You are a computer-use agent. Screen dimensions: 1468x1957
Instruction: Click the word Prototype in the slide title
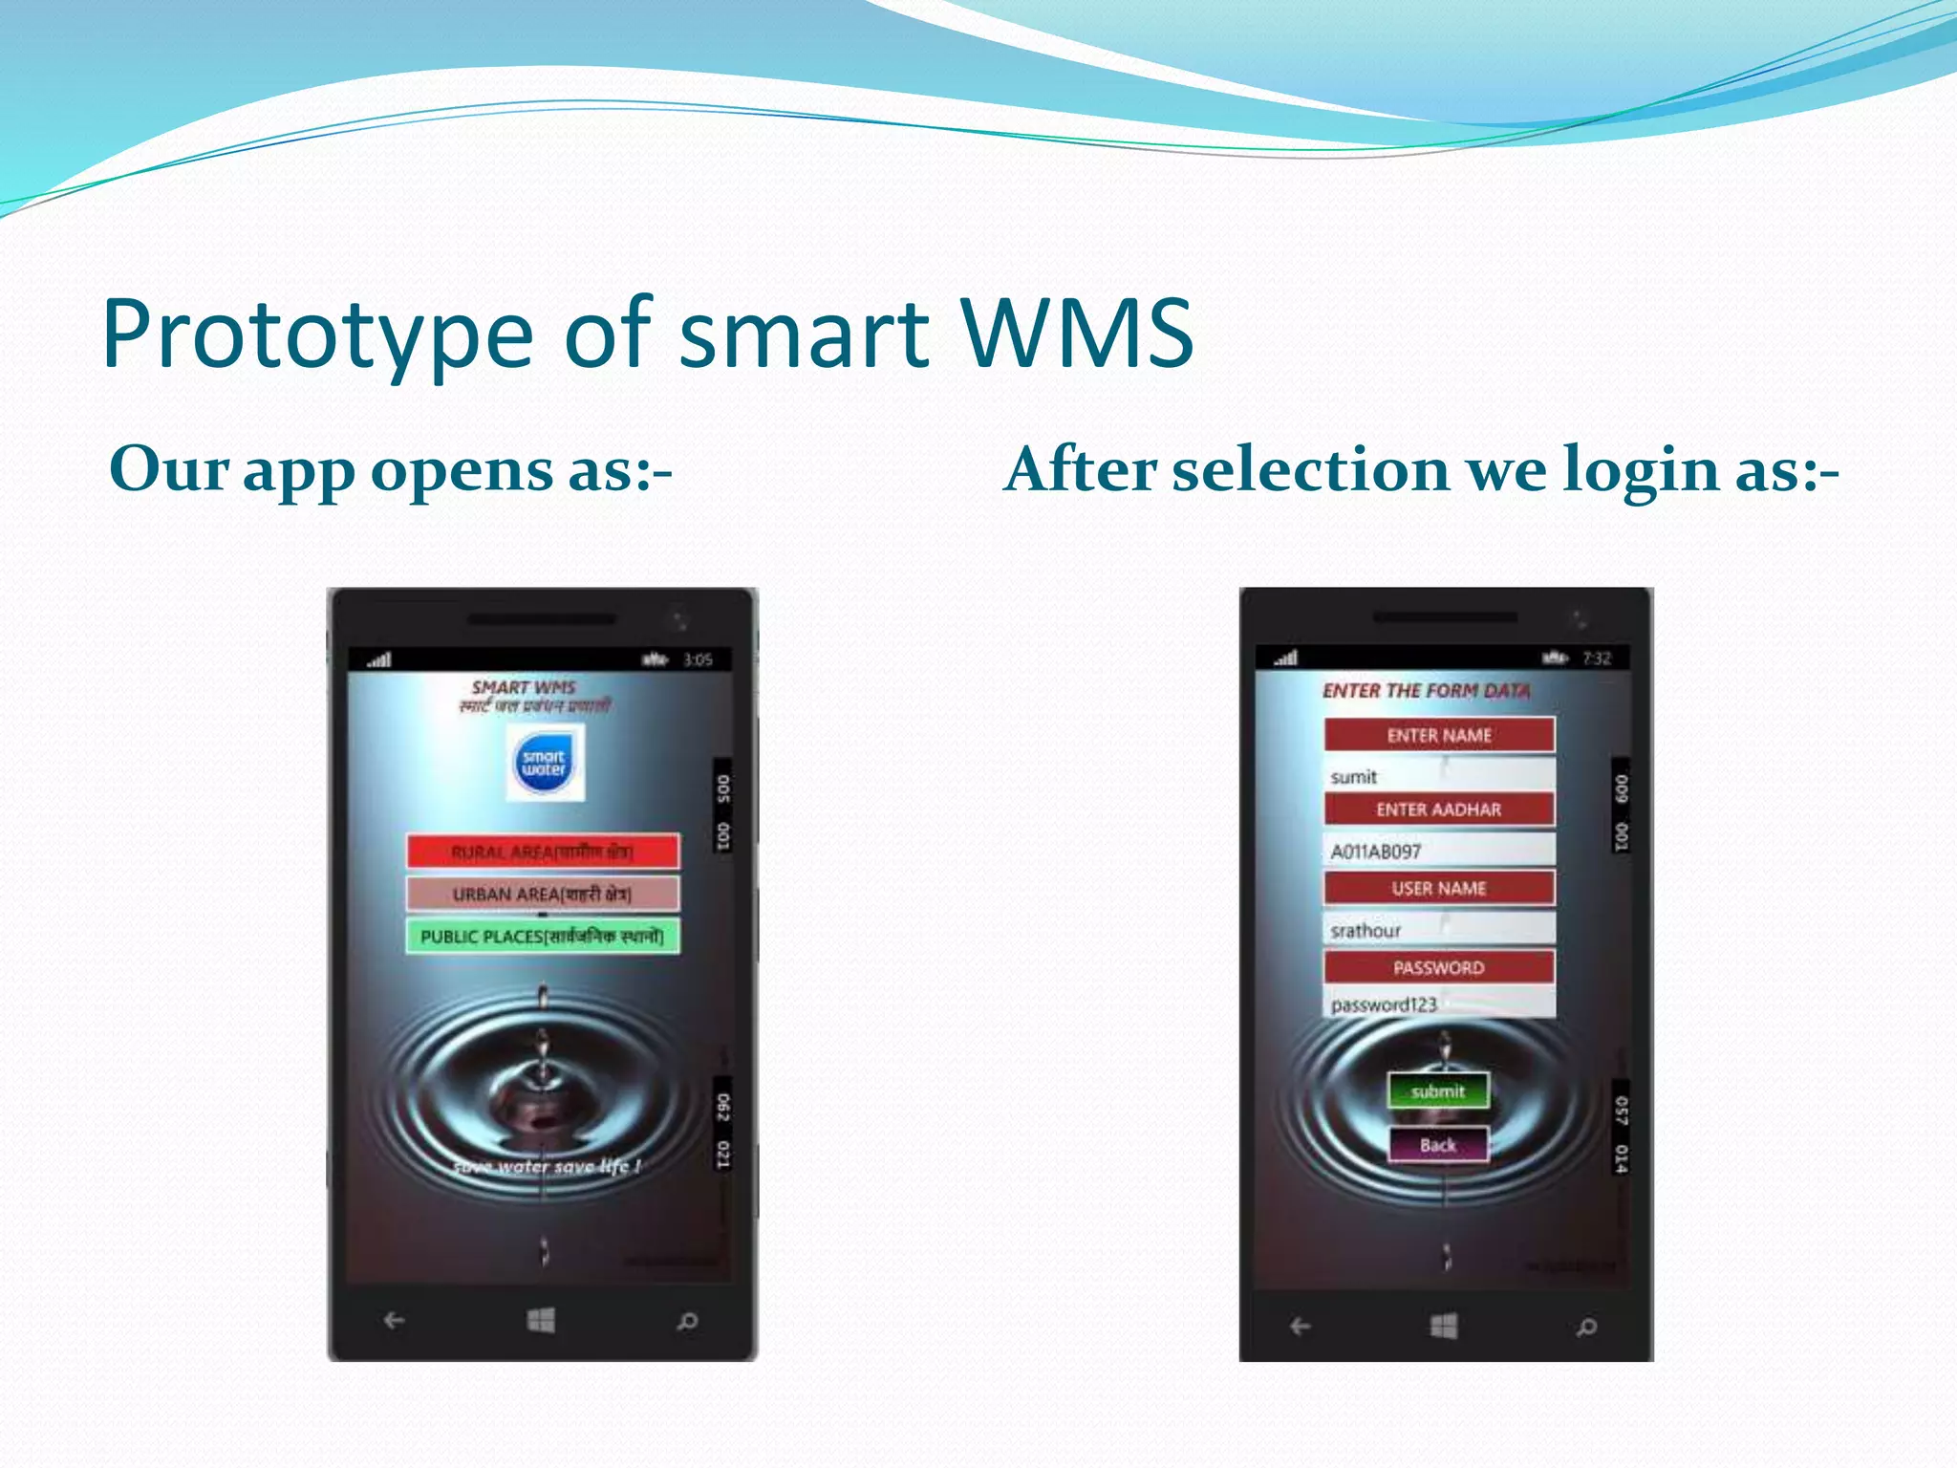coord(316,335)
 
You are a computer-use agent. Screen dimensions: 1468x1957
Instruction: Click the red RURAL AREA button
coord(543,851)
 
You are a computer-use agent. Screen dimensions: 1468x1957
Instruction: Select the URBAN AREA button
coord(543,894)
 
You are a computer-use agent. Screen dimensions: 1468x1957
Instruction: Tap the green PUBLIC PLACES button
coord(543,936)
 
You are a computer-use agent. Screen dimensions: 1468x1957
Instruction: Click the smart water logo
coord(545,763)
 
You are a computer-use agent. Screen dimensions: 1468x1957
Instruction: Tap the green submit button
coord(1438,1090)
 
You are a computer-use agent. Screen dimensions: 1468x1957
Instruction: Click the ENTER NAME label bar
coord(1439,735)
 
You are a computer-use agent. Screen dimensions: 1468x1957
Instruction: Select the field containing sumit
coord(1439,775)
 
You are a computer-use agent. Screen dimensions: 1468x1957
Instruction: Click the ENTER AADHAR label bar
coord(1439,810)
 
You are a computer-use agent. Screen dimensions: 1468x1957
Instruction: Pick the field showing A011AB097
coord(1439,850)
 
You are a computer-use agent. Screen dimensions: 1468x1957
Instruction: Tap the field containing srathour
coord(1439,929)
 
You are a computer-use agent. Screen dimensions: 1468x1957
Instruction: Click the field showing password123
coord(1439,1004)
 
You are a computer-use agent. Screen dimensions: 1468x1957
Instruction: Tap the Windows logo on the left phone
coord(541,1321)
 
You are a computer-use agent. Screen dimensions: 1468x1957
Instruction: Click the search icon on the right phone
coord(1586,1327)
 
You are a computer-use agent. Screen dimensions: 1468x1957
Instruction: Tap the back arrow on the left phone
coord(394,1321)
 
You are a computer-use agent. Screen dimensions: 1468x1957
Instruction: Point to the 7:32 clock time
coord(1597,658)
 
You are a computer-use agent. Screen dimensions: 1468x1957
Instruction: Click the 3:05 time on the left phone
coord(698,659)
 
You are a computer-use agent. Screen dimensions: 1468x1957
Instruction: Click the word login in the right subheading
coord(1641,470)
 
